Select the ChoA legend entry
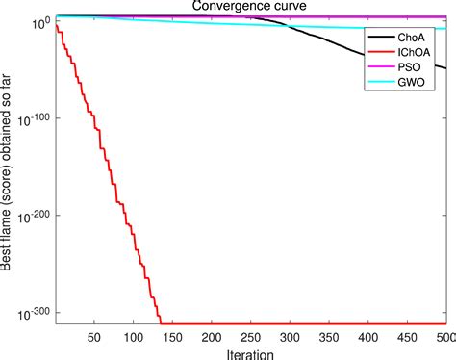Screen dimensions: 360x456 tap(416, 38)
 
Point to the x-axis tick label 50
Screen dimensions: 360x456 tap(94, 339)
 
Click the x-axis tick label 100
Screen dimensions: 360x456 tap(136, 339)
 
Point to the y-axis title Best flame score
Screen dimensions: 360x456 tap(8, 173)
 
